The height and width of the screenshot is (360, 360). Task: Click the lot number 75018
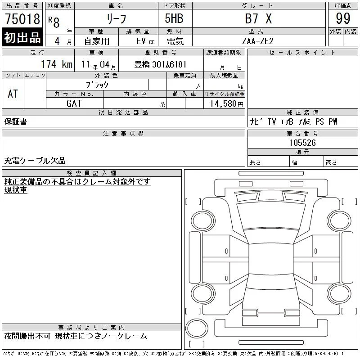(22, 18)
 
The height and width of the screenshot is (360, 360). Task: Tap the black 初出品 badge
(22, 37)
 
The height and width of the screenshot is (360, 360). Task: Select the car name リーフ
(117, 18)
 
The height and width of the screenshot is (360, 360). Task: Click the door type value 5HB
(174, 18)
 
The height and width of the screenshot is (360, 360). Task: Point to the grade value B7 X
(258, 18)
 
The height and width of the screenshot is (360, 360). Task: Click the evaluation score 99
(343, 18)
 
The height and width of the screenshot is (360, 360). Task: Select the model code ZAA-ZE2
(258, 41)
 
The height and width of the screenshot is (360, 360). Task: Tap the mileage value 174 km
(57, 64)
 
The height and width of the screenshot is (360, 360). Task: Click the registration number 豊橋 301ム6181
(160, 64)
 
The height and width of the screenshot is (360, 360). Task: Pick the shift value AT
(13, 94)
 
